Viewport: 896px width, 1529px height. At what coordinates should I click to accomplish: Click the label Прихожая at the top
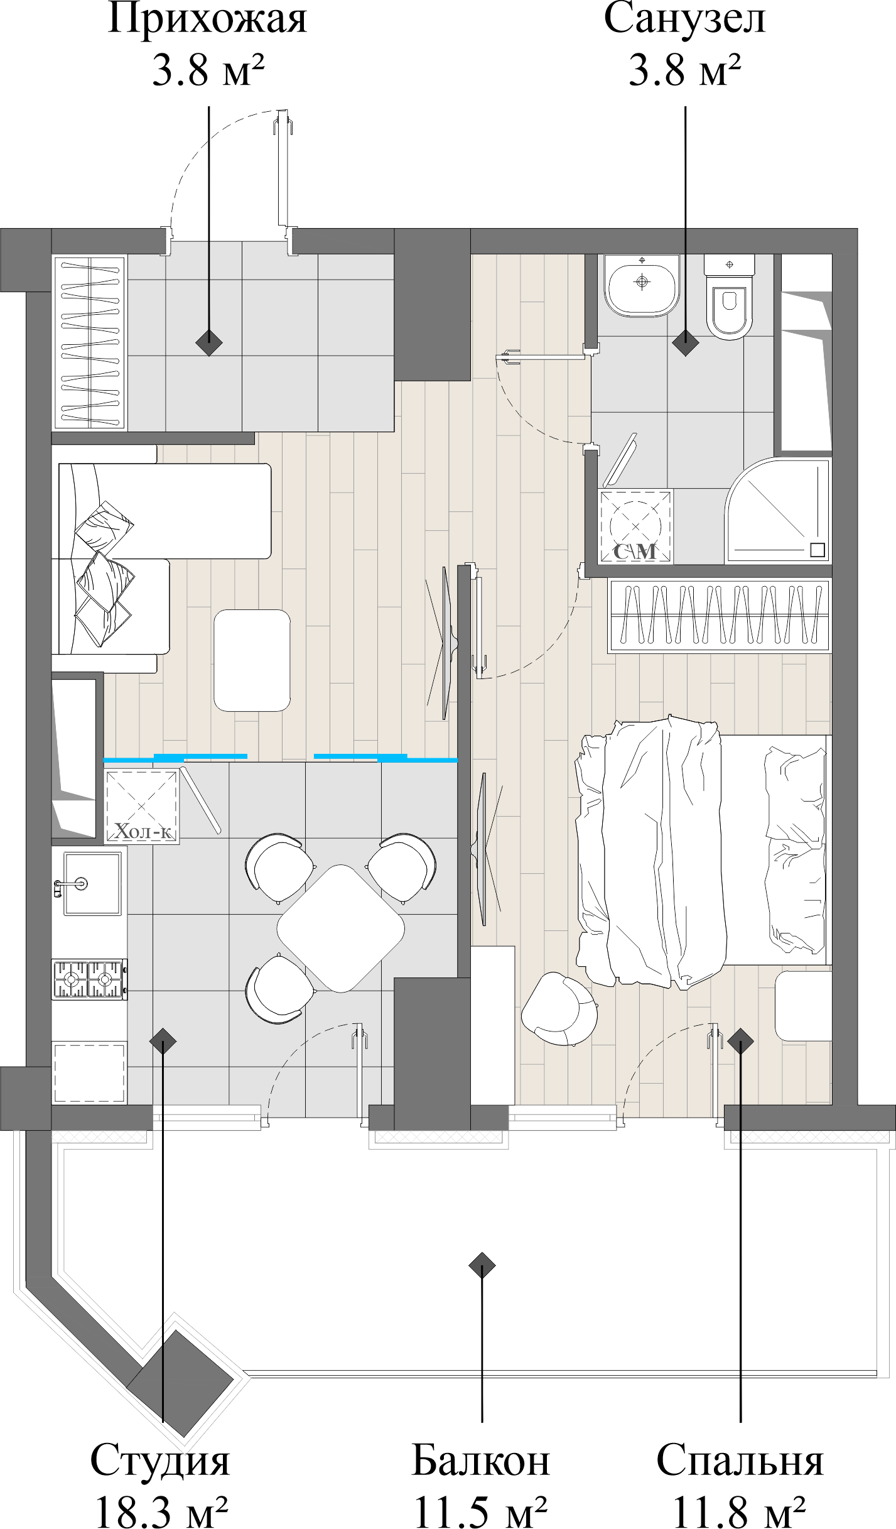click(207, 20)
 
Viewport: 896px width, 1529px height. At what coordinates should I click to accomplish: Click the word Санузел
click(684, 20)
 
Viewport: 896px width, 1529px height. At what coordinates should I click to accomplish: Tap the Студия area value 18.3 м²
click(161, 1510)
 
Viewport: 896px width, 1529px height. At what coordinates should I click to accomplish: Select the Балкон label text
click(481, 1459)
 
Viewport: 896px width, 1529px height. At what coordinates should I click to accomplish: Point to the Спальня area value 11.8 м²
click(740, 1510)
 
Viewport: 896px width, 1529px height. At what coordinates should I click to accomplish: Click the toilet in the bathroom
click(729, 297)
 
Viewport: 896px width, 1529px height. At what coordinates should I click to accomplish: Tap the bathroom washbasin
click(642, 284)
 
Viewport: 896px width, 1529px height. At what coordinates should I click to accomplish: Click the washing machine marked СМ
click(635, 525)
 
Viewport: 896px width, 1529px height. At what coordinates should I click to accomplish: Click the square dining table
click(340, 929)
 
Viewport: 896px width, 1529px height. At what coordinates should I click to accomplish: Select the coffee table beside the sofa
click(252, 660)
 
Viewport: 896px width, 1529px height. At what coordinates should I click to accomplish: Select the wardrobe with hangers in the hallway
click(90, 342)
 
